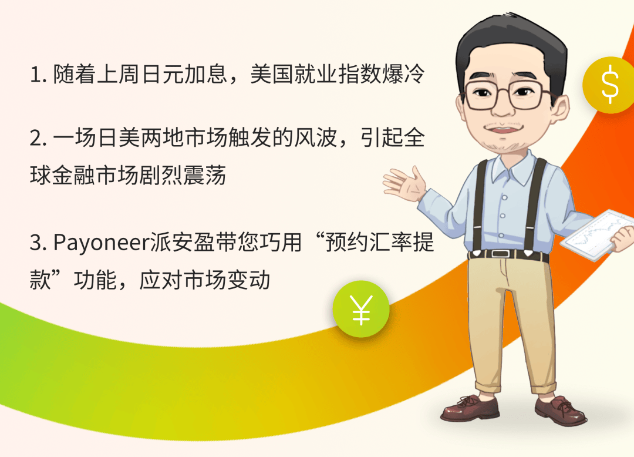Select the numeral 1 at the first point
pyautogui.click(x=35, y=76)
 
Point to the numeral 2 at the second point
pyautogui.click(x=36, y=140)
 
